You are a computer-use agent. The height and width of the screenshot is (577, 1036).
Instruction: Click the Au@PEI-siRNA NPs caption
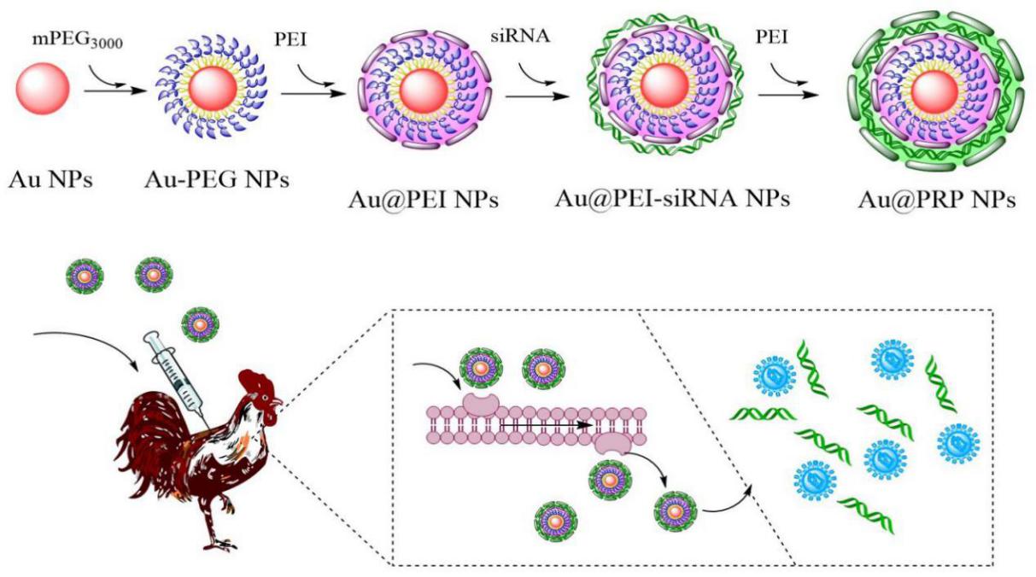(x=672, y=200)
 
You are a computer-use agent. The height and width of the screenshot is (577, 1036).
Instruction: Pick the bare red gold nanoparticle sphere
(x=43, y=91)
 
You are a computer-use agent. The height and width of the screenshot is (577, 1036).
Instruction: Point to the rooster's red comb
(x=255, y=380)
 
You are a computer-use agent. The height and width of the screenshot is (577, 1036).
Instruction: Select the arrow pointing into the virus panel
(x=735, y=499)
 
